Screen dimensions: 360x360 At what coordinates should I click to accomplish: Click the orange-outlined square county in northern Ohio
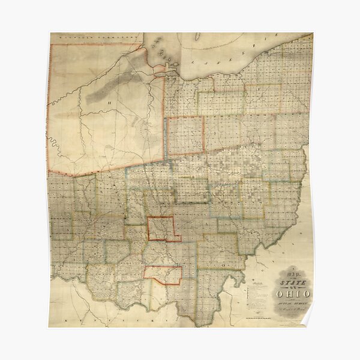pyautogui.click(x=185, y=136)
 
